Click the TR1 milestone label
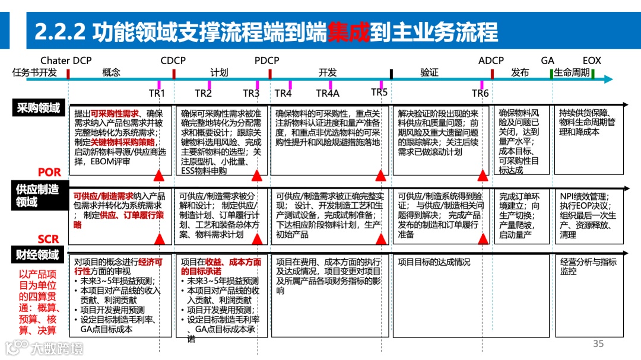[x=157, y=93]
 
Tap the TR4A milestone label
[x=328, y=93]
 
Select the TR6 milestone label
[x=480, y=93]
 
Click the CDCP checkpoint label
[x=173, y=60]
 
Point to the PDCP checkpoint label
[x=266, y=60]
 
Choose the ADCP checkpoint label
[x=491, y=60]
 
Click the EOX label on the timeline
[x=592, y=60]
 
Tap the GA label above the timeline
[x=547, y=60]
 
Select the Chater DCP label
[x=66, y=60]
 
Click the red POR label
[x=49, y=173]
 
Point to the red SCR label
[x=49, y=239]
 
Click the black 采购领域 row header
[x=39, y=108]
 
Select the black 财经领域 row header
[x=38, y=255]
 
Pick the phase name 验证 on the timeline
[x=429, y=72]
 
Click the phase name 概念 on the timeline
[x=111, y=72]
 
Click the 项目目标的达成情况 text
[x=434, y=262]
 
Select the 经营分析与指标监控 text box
[x=588, y=266]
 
